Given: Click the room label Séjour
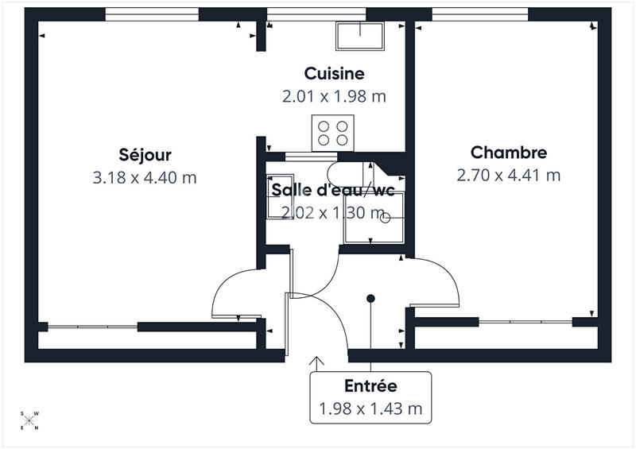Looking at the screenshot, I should (x=145, y=154).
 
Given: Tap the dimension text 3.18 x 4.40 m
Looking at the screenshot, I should (x=145, y=177).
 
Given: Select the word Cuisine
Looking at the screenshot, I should (x=334, y=73).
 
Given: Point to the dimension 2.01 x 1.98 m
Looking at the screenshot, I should (x=334, y=96).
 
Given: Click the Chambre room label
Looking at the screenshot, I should (x=509, y=152).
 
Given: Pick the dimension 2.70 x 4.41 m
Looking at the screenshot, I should (x=509, y=175).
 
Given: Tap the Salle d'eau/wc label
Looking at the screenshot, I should (x=333, y=190).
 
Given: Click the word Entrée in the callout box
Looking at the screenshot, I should (x=370, y=386).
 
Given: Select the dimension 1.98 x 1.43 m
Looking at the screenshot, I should (x=370, y=410).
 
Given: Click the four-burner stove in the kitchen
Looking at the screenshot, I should (x=332, y=132).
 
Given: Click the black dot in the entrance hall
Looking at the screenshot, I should (x=370, y=299).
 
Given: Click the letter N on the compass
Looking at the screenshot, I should (x=35, y=428).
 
